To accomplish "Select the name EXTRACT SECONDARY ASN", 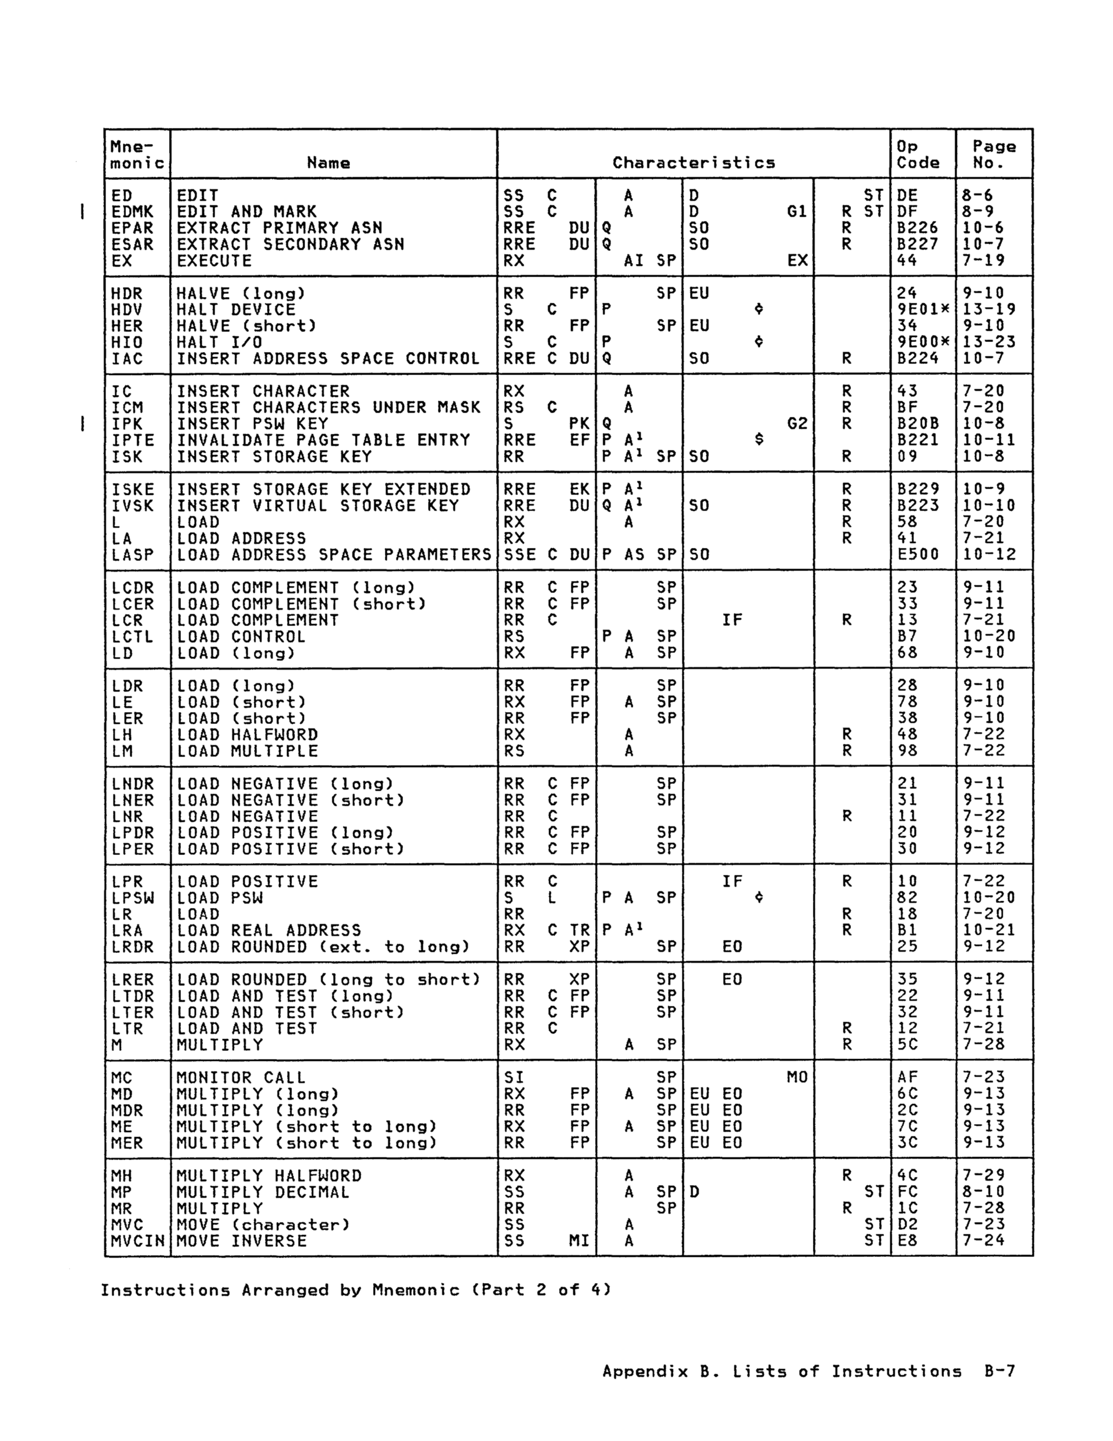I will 290,244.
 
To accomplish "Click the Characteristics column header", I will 693,162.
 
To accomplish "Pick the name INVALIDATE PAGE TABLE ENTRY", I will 323,440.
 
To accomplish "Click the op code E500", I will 918,555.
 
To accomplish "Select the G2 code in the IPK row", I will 797,424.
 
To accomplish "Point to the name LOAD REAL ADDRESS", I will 269,931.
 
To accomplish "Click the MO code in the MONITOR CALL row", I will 797,1078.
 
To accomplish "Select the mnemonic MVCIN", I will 137,1241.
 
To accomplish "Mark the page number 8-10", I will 984,1192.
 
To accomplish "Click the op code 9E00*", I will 923,343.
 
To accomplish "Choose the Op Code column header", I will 918,154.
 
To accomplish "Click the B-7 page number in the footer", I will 999,1372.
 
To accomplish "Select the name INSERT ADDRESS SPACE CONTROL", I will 328,359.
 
